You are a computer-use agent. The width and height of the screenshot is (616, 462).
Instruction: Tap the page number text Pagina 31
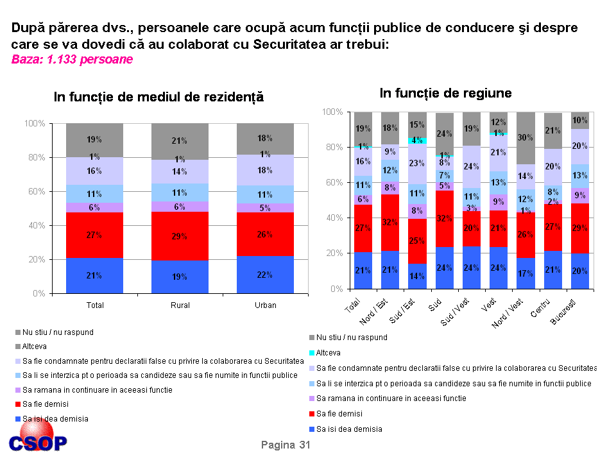coord(286,445)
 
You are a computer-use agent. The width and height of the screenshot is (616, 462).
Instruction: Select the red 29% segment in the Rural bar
coord(180,236)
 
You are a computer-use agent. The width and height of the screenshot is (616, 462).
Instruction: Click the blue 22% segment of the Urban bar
coord(265,275)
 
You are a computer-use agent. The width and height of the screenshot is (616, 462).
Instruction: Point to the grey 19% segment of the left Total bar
coord(94,140)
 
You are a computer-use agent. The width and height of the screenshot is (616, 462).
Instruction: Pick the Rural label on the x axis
coord(180,305)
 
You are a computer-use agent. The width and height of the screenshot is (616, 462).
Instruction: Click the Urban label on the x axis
coord(265,305)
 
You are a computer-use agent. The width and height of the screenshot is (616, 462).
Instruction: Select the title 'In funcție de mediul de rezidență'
coord(158,97)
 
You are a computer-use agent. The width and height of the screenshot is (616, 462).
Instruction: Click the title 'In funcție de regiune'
coord(445,93)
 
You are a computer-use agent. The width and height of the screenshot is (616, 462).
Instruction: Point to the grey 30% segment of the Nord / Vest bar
coord(525,137)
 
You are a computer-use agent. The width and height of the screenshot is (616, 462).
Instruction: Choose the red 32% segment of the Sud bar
coord(444,218)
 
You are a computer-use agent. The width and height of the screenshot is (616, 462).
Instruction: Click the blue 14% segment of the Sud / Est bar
coord(416,276)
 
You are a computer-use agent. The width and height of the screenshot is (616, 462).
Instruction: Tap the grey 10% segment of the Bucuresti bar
coord(579,121)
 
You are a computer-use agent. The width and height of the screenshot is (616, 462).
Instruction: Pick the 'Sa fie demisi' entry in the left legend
coord(45,404)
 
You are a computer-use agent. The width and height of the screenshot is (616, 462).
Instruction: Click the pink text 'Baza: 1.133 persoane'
coord(72,60)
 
